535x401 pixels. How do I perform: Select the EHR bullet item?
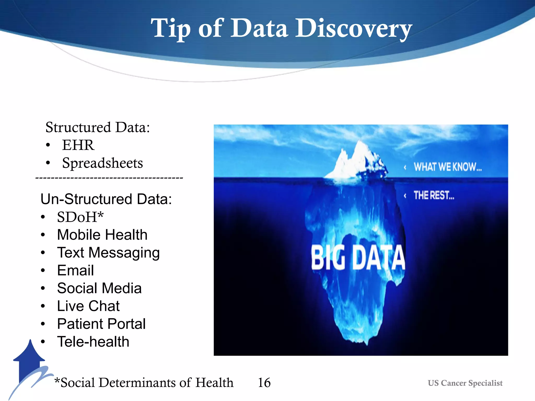point(78,145)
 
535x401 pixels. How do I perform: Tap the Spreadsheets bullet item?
point(102,163)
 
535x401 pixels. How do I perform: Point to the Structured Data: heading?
point(98,127)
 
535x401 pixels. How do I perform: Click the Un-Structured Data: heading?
point(106,199)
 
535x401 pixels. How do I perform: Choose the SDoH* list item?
point(80,217)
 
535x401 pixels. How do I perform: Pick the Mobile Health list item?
point(102,235)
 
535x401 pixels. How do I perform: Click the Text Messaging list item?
point(108,253)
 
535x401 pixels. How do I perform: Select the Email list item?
point(75,270)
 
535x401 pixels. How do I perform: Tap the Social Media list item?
point(99,288)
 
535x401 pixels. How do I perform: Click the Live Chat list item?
point(88,306)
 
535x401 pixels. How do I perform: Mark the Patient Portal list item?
point(101,324)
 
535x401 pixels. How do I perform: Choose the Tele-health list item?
point(93,342)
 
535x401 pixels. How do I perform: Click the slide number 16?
point(264,383)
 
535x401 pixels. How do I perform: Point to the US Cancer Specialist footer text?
point(465,383)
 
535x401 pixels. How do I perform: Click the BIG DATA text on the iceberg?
point(358,258)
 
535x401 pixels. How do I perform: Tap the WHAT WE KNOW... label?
point(447,167)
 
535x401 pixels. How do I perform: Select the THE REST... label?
point(434,195)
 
